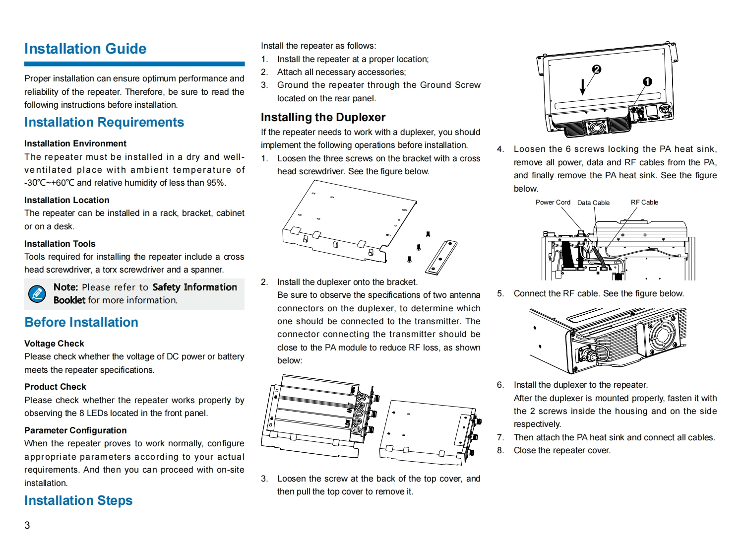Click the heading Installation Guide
point(85,49)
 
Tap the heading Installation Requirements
point(104,122)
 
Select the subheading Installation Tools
point(60,244)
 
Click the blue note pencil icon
point(37,294)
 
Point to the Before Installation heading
point(81,322)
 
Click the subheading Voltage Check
point(54,344)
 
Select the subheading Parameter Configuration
point(75,430)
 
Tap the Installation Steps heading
point(78,500)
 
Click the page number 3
point(27,525)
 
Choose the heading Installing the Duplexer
point(323,117)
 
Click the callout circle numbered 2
point(597,70)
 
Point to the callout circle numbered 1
point(647,81)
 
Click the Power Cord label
point(553,203)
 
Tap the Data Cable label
point(593,203)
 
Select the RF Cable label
point(644,203)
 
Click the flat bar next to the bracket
point(441,257)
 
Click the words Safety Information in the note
point(194,287)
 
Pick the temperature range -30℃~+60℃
point(49,183)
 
